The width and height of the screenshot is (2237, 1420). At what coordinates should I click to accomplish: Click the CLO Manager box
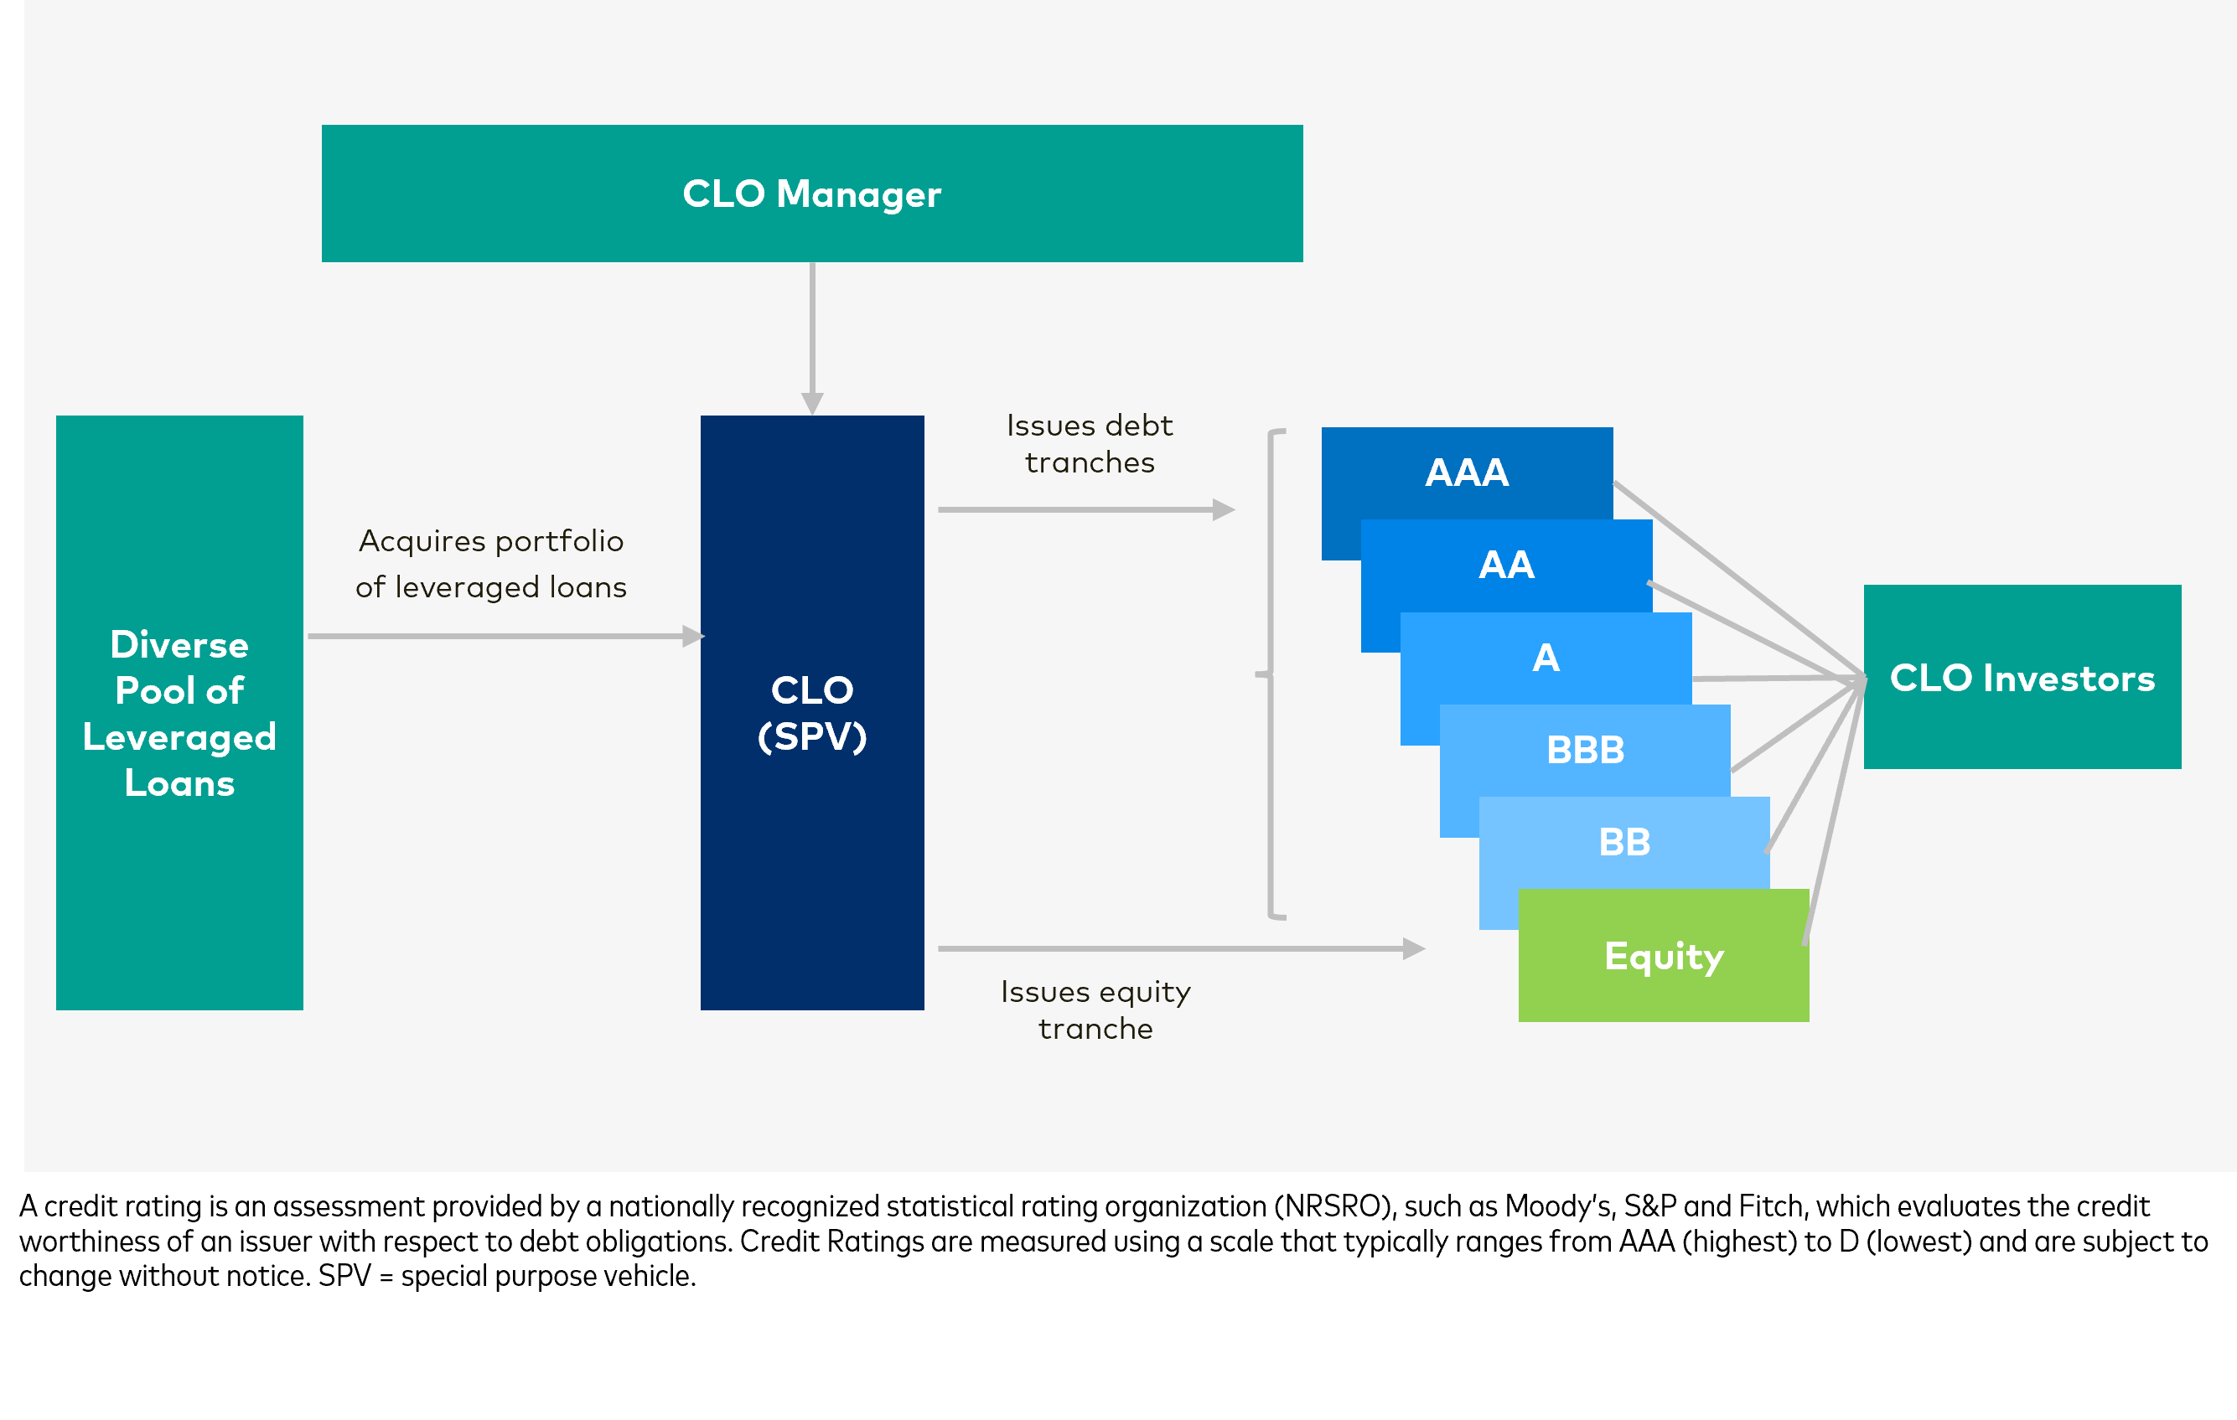click(812, 194)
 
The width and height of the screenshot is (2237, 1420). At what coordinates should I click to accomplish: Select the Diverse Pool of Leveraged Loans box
click(179, 712)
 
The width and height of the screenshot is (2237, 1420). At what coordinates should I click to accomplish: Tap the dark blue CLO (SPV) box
click(812, 712)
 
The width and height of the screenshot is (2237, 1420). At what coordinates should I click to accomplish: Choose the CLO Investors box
click(2022, 677)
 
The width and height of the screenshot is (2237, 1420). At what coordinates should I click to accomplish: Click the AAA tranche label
click(1467, 472)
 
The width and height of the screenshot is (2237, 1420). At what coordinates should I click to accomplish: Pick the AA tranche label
click(1506, 565)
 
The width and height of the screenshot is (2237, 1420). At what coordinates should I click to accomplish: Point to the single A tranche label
click(1545, 658)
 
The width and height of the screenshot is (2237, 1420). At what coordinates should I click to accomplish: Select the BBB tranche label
click(1585, 750)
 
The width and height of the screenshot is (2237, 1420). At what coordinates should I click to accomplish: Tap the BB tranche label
click(1623, 841)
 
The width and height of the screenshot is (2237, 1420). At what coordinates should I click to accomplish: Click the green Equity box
click(1664, 956)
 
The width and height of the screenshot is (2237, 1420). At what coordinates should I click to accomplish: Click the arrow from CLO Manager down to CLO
click(812, 334)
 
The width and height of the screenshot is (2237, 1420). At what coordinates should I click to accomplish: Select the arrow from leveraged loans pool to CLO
click(502, 636)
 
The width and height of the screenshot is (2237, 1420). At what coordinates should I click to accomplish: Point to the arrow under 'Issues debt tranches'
click(1082, 510)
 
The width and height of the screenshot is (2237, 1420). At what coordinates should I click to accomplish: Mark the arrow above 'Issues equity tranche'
click(1175, 948)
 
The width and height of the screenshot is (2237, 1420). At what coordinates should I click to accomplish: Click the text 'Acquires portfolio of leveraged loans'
click(490, 564)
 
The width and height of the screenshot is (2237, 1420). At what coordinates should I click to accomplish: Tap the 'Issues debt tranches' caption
click(1089, 444)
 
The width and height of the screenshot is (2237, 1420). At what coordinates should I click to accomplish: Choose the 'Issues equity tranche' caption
click(1095, 1010)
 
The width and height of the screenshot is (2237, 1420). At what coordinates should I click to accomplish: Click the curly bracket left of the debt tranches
click(1271, 674)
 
